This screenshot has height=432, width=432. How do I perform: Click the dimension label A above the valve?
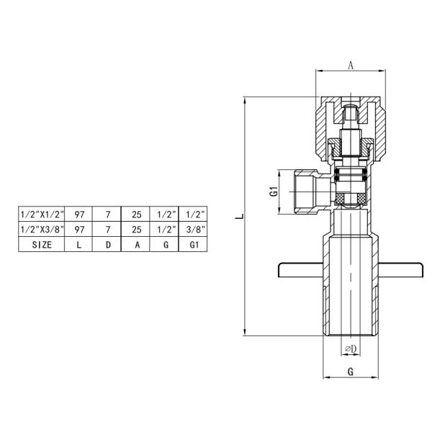pos(351,65)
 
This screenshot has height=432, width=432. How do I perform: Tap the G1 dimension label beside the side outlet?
pos(273,192)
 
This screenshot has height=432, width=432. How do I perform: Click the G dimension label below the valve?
pos(350,373)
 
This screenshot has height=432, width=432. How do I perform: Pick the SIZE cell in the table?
pos(42,244)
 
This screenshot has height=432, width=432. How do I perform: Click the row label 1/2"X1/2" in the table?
pos(42,214)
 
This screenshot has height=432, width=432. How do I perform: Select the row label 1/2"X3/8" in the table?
pos(42,229)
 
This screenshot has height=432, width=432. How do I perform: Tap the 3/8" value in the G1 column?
pos(192,229)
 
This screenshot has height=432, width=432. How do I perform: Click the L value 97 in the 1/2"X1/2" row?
pos(80,214)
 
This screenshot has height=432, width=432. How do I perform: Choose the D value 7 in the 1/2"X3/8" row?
pos(107,229)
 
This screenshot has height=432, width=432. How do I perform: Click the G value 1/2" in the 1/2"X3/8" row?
pos(163,229)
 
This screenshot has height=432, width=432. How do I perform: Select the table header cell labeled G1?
pos(192,244)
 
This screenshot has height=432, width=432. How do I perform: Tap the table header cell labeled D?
pos(107,244)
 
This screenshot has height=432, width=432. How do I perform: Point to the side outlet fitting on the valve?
pos(308,191)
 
